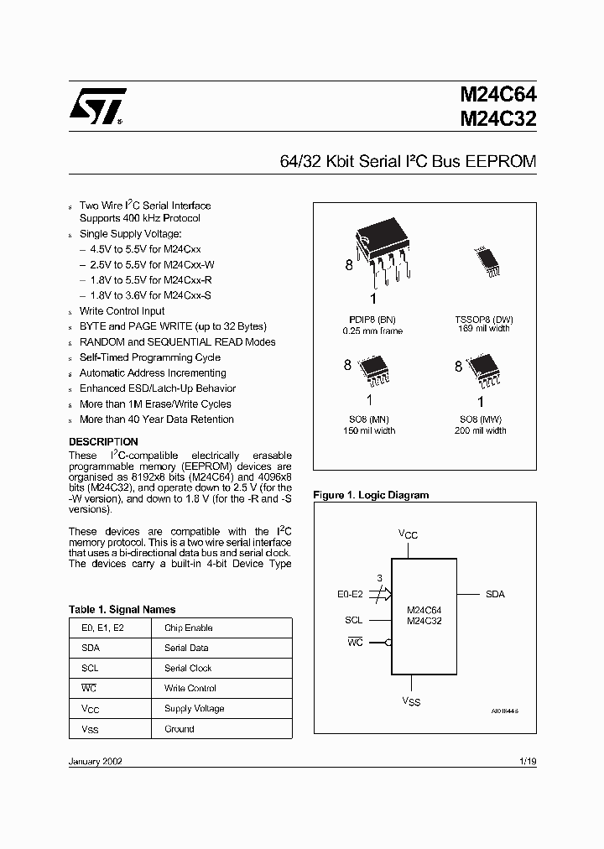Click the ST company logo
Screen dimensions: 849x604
coord(97,107)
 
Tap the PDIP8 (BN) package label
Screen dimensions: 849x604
coord(372,319)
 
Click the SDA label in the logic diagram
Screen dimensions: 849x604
coord(495,594)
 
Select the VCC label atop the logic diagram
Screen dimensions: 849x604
coord(408,534)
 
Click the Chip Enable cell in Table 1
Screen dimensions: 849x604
coord(189,628)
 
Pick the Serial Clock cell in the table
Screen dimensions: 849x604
coord(188,669)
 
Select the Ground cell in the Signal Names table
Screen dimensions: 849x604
coord(179,729)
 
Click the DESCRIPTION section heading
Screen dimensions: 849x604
coord(103,441)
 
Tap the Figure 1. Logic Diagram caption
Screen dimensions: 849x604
coord(371,495)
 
